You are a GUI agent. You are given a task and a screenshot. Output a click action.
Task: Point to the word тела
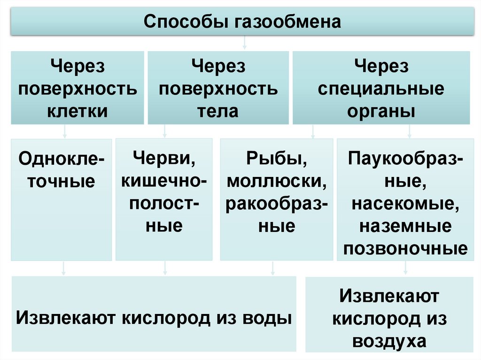click(218, 111)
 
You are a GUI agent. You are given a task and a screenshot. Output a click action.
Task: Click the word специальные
click(380, 89)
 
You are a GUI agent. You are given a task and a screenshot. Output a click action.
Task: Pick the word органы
click(380, 111)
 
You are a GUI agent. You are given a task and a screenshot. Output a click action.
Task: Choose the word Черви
click(164, 158)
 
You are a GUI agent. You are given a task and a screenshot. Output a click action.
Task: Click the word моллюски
click(276, 181)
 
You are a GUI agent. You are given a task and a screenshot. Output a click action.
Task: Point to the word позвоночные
click(406, 248)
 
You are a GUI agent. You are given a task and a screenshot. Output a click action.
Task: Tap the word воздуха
click(389, 341)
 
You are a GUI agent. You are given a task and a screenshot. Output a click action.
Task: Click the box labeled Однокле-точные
click(62, 199)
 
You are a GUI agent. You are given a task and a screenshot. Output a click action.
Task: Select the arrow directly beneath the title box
click(244, 44)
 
